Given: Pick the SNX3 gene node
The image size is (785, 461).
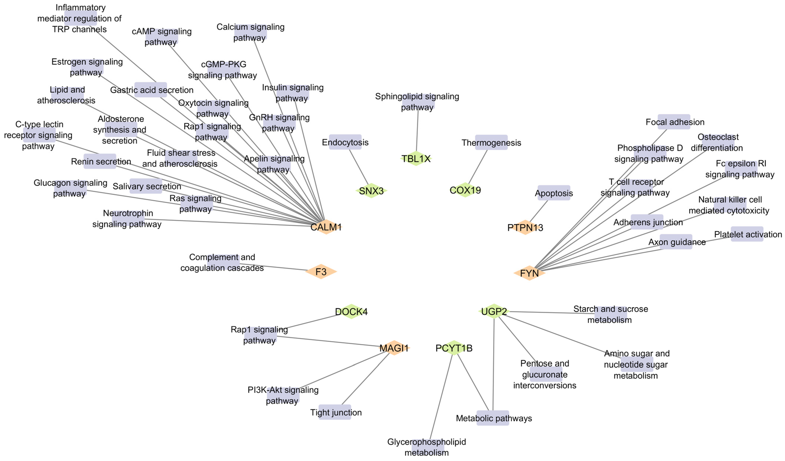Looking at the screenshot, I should [x=371, y=190].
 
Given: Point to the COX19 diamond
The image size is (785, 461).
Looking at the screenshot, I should [x=465, y=190].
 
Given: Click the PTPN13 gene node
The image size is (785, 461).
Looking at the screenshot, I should [x=525, y=228].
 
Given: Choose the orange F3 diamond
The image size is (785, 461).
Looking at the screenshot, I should [x=321, y=272].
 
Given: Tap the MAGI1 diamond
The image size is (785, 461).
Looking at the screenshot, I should [x=394, y=348].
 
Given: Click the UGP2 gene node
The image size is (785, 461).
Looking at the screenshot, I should [x=494, y=311].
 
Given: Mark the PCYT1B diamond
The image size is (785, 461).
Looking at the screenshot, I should [x=454, y=348].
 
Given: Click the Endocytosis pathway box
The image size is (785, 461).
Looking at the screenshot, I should [x=345, y=142].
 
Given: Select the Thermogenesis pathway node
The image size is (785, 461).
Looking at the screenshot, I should [x=491, y=143].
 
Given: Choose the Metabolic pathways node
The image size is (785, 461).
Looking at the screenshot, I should [x=493, y=418].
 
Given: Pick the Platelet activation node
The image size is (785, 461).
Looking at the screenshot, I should [x=747, y=234].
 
